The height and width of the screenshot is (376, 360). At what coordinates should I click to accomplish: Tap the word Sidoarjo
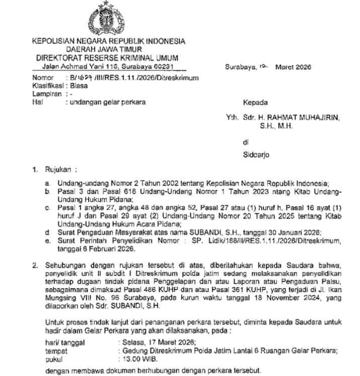point(256,155)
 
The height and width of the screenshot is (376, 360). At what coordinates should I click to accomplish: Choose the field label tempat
point(56,351)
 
